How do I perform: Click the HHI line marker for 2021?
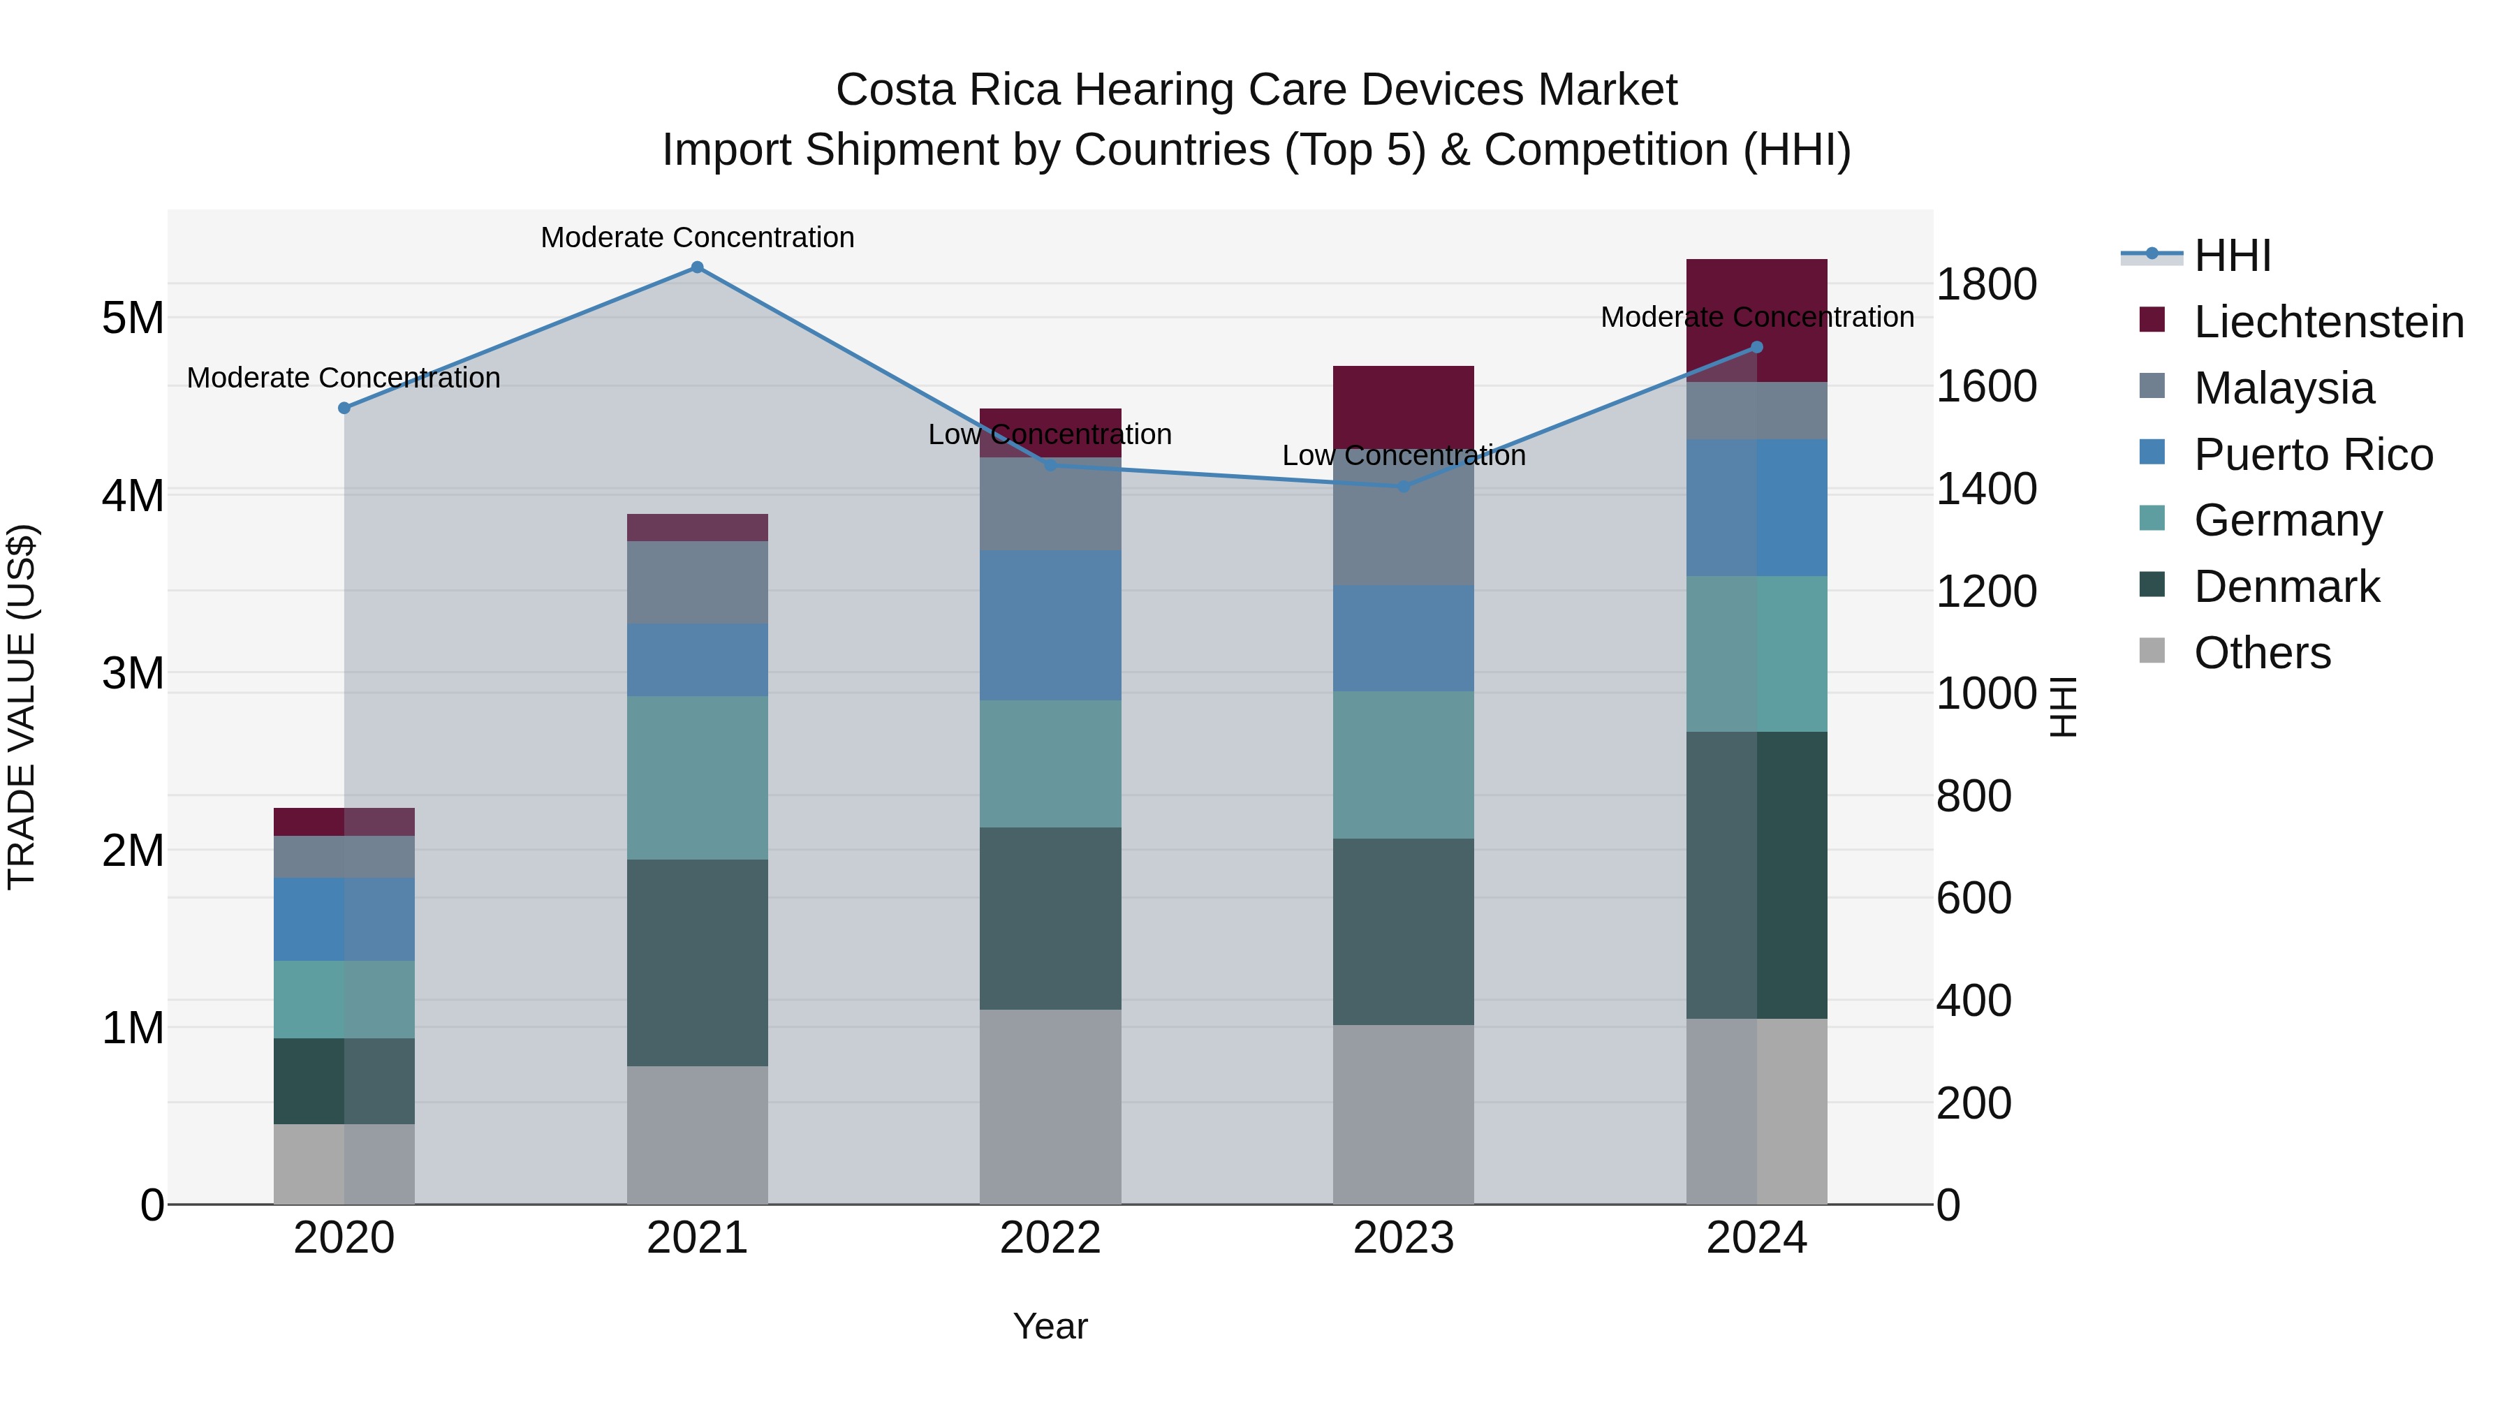point(697,267)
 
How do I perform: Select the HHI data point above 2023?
point(1404,486)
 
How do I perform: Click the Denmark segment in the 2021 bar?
point(697,962)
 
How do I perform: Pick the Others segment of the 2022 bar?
point(1050,1107)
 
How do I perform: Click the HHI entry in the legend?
point(2232,256)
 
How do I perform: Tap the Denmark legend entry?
point(2286,587)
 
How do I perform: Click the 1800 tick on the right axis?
point(1986,285)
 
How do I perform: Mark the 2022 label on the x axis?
point(1050,1238)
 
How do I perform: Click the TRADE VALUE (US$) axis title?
point(22,707)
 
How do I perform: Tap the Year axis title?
point(1050,1326)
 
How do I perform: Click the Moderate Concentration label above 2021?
point(697,237)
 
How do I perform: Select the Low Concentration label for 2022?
point(1050,434)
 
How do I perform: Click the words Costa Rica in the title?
point(947,90)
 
